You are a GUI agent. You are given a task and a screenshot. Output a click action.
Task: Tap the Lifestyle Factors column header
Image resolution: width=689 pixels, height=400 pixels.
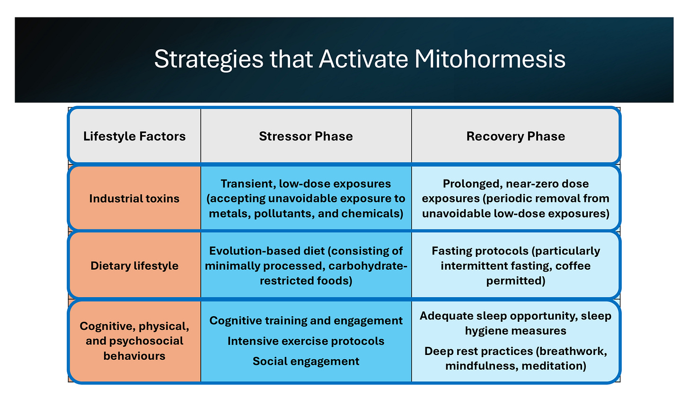[134, 136]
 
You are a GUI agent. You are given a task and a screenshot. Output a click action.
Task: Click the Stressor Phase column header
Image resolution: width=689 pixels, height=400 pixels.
[306, 136]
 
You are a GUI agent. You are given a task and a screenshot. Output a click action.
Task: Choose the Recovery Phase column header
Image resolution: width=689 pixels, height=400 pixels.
[515, 136]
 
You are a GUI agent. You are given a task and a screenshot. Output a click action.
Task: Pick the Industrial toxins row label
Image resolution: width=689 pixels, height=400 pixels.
[134, 199]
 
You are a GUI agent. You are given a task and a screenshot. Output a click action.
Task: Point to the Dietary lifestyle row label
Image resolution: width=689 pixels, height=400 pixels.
[134, 266]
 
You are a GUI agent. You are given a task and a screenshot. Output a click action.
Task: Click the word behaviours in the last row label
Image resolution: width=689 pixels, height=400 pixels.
[134, 356]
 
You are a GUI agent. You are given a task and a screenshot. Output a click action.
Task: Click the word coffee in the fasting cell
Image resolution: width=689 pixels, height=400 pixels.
[573, 266]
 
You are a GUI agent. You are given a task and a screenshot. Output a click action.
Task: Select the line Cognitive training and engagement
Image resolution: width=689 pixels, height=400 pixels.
[306, 321]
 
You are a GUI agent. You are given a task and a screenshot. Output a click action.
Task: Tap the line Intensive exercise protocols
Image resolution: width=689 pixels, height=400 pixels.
[306, 341]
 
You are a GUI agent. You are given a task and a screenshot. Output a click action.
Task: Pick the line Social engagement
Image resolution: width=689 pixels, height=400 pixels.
[306, 362]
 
